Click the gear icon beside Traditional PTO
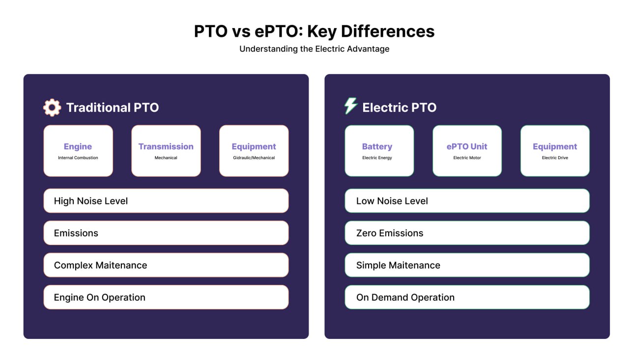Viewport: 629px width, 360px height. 52,108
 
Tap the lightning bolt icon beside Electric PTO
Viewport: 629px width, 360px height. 350,106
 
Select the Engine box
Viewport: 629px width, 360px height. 78,151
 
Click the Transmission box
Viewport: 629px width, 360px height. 166,151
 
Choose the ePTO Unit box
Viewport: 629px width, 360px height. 467,151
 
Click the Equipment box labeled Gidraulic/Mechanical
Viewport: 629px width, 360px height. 254,151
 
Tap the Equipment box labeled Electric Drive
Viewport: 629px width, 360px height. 555,151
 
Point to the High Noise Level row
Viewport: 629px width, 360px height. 166,201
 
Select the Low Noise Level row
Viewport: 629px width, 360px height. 467,201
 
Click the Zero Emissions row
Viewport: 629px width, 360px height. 467,233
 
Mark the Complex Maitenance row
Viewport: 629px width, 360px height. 166,265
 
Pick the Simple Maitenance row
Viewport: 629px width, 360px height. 467,265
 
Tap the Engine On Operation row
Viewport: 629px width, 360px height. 166,297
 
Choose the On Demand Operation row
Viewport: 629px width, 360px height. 467,297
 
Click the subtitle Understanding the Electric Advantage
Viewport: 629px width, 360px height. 314,49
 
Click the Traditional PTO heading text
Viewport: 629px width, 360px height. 113,108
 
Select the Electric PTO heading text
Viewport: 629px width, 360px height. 400,108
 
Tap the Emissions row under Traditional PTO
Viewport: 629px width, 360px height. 166,233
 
